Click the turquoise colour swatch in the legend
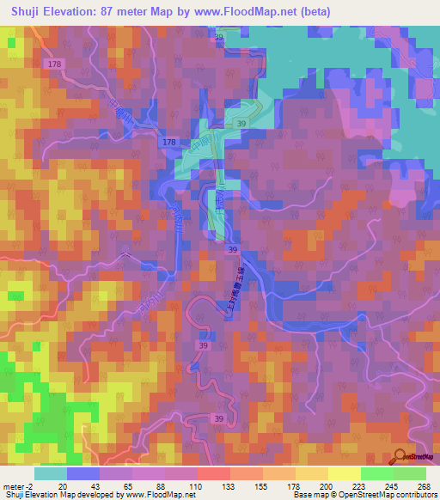coord(51,473)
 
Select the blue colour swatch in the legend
coord(83,473)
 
